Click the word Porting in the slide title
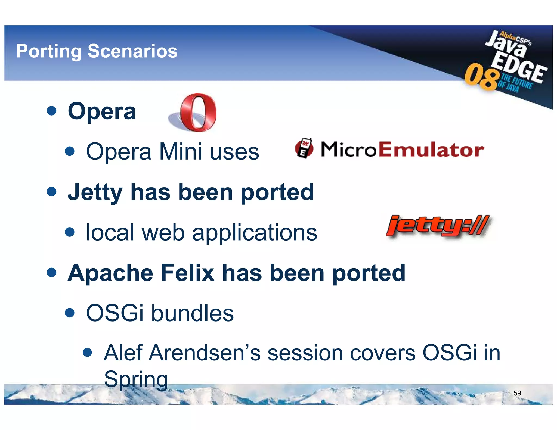tap(49, 51)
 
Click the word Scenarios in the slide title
tap(132, 51)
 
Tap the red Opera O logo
tap(198, 112)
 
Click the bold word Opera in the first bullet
tap(102, 111)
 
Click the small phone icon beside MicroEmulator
tap(304, 148)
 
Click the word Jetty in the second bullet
tap(95, 192)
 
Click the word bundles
tap(192, 313)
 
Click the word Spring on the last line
tap(136, 379)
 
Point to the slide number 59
tap(517, 393)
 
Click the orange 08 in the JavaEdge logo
tap(482, 77)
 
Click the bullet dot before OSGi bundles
tap(70, 313)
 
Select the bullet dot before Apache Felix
tap(52, 272)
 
